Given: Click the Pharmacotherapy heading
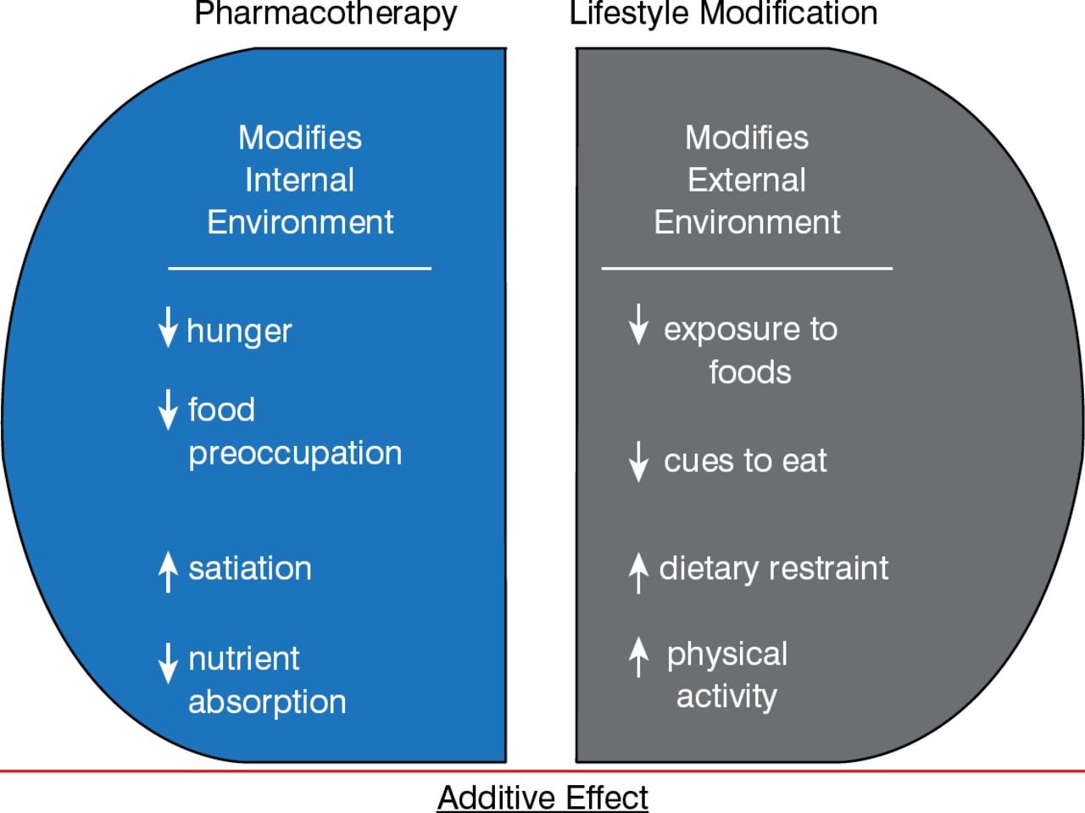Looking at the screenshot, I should pyautogui.click(x=325, y=14).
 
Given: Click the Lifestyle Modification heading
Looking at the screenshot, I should pyautogui.click(x=723, y=14).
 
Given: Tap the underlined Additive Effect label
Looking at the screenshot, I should pyautogui.click(x=542, y=798).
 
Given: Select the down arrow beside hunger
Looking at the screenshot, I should pyautogui.click(x=168, y=327).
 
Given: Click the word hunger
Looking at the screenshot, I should pyautogui.click(x=239, y=331).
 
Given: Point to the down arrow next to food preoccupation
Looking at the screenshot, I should pyautogui.click(x=168, y=409).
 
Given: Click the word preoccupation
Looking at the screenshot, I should pyautogui.click(x=295, y=454).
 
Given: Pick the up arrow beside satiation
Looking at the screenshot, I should pyautogui.click(x=168, y=570).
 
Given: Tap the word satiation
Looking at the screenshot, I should pyautogui.click(x=250, y=568).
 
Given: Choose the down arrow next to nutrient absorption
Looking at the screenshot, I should pyautogui.click(x=168, y=662).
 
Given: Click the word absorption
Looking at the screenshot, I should pyautogui.click(x=267, y=702).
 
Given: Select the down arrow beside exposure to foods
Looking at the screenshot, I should pyautogui.click(x=637, y=324).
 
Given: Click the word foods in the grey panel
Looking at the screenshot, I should pyautogui.click(x=750, y=372).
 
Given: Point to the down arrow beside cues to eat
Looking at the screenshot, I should pyautogui.click(x=637, y=461).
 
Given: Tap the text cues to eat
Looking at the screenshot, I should pyautogui.click(x=745, y=461).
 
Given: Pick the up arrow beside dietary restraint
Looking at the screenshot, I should pyautogui.click(x=637, y=571).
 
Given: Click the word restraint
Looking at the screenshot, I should pyautogui.click(x=832, y=568).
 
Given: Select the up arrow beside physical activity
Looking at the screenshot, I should pyautogui.click(x=637, y=657).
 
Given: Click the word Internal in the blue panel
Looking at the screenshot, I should pyautogui.click(x=299, y=180).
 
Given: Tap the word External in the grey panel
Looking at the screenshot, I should pyautogui.click(x=747, y=180).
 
